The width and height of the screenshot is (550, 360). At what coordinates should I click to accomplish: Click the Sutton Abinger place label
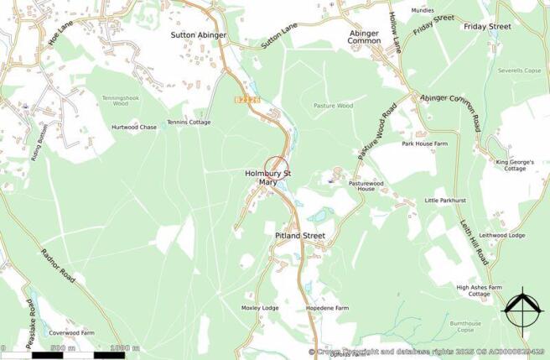pos(199,35)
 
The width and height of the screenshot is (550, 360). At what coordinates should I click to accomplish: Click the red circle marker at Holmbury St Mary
pos(276,167)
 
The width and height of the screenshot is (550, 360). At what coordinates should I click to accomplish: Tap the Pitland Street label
pos(299,237)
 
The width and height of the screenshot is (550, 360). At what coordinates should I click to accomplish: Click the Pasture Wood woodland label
pos(333,107)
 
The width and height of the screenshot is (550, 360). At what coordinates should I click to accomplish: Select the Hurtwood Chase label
pos(134,128)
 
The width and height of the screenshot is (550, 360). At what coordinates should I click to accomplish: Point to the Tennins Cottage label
pos(189,123)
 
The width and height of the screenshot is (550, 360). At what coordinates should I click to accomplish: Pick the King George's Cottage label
pos(511,164)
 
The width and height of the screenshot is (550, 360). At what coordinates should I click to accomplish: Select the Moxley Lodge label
pos(260,308)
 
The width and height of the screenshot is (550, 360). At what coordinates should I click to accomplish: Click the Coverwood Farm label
pos(71,333)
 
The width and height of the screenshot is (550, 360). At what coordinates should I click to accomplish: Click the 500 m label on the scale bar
pos(63,347)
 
